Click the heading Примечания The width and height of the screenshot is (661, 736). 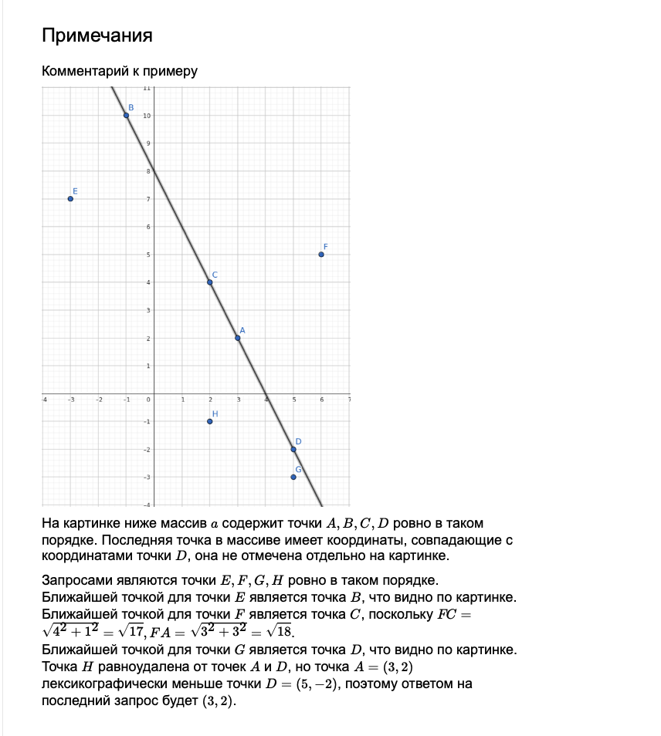(x=97, y=35)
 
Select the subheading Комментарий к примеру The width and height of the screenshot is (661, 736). (x=120, y=72)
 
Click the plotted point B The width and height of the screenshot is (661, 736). (x=126, y=116)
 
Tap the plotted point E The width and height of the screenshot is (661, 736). (x=70, y=199)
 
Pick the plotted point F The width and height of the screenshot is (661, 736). (x=321, y=255)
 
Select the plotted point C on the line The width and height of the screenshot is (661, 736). (x=209, y=282)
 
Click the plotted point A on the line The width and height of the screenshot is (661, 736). (x=237, y=338)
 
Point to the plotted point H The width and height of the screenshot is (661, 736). (x=209, y=421)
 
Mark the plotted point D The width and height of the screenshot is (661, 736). (x=293, y=449)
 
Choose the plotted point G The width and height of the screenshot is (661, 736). (x=293, y=477)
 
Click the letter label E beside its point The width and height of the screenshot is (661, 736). (x=75, y=191)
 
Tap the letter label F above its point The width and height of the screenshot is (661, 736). (x=325, y=246)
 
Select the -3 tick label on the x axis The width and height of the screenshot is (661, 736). (x=70, y=400)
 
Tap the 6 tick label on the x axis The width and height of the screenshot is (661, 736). (x=321, y=400)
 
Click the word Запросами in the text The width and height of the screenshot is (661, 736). (x=73, y=580)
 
